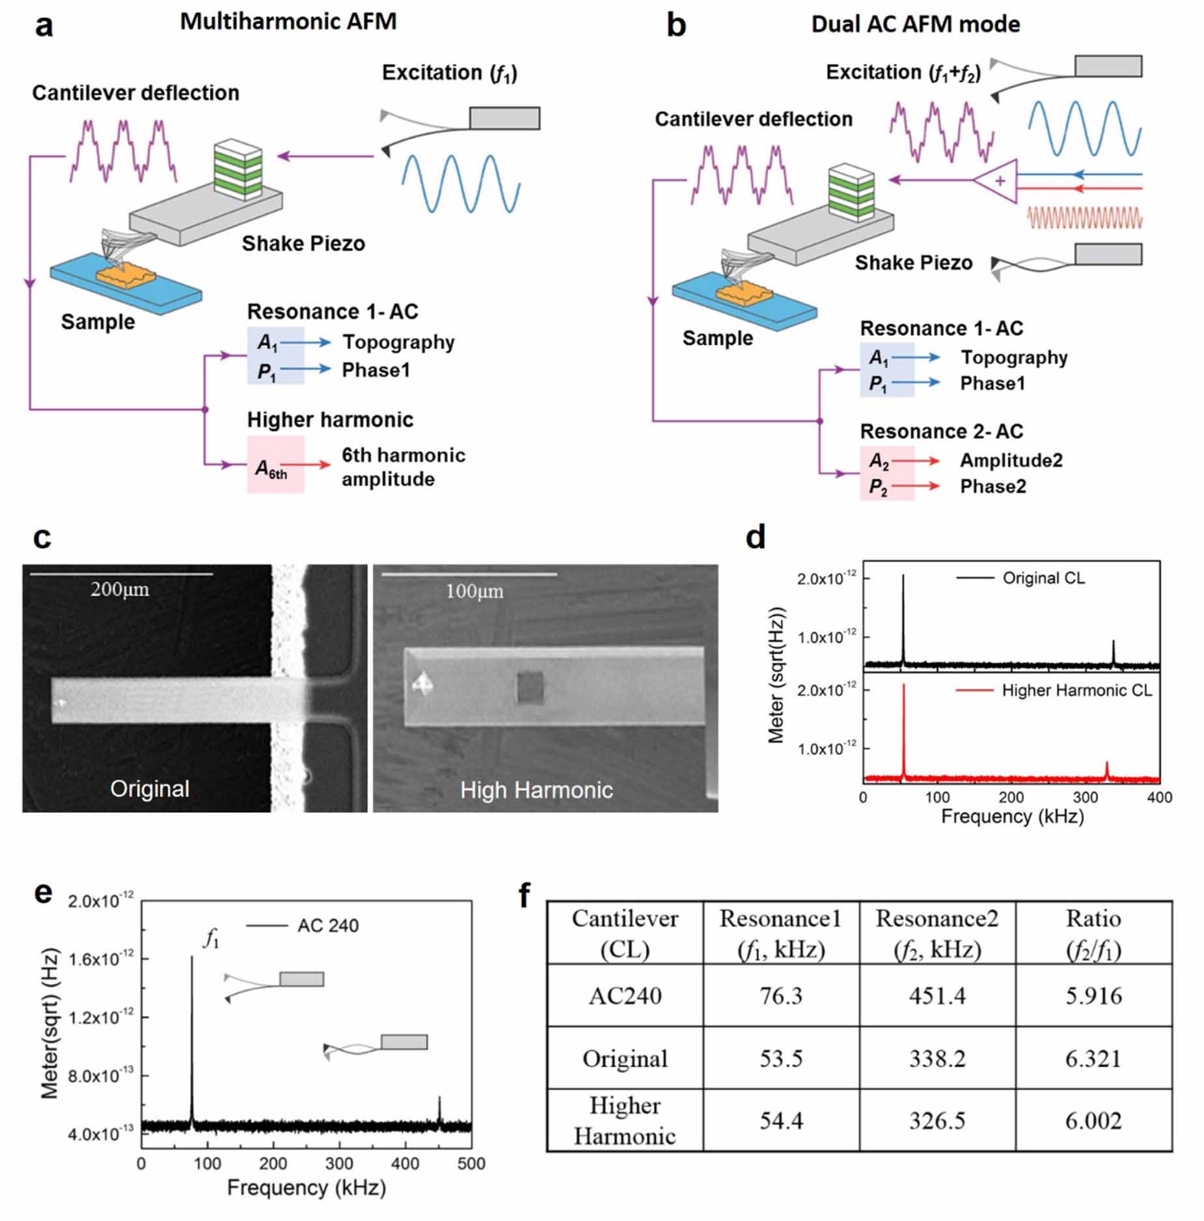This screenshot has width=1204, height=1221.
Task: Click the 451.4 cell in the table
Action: pyautogui.click(x=937, y=996)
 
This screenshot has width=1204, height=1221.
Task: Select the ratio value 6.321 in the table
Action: pyautogui.click(x=1093, y=1058)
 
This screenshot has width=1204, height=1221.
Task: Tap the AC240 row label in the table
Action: pyautogui.click(x=625, y=996)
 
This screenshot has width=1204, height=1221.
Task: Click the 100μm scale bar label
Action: pyautogui.click(x=474, y=591)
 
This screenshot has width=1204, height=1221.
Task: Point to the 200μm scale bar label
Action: pyautogui.click(x=120, y=589)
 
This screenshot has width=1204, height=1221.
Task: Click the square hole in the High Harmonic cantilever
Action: pyautogui.click(x=529, y=688)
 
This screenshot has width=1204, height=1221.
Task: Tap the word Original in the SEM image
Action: pyautogui.click(x=150, y=789)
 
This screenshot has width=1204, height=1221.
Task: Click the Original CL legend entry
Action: pyautogui.click(x=1043, y=578)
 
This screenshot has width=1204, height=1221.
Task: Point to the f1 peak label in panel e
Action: pyautogui.click(x=212, y=938)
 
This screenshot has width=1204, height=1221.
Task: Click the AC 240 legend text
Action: pyautogui.click(x=327, y=925)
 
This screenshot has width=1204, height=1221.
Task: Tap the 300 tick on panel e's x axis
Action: pyautogui.click(x=339, y=1164)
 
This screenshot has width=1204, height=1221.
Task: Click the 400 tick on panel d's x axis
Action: pyautogui.click(x=1159, y=797)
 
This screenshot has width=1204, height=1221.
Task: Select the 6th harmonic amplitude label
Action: pyautogui.click(x=404, y=467)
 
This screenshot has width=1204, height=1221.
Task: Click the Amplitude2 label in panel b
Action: pyautogui.click(x=1011, y=460)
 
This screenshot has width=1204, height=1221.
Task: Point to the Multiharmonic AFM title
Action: pyautogui.click(x=288, y=21)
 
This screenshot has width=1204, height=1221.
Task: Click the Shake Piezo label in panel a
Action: pyautogui.click(x=303, y=244)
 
